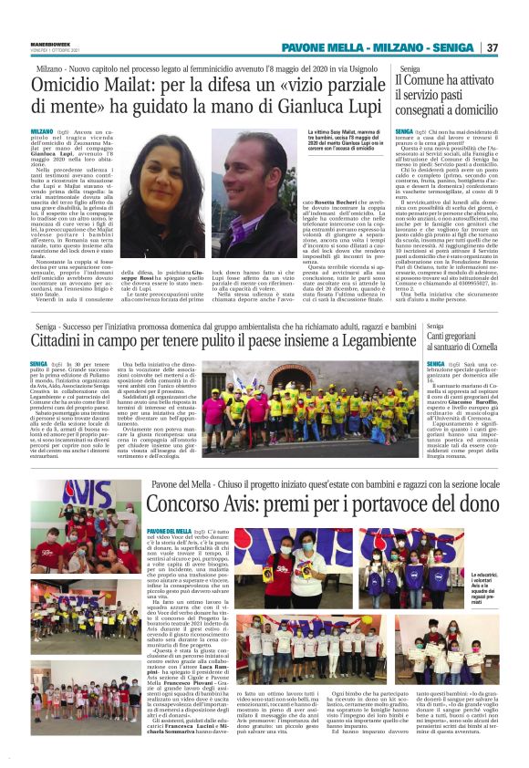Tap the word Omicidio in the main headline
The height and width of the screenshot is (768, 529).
pyautogui.click(x=80, y=88)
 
